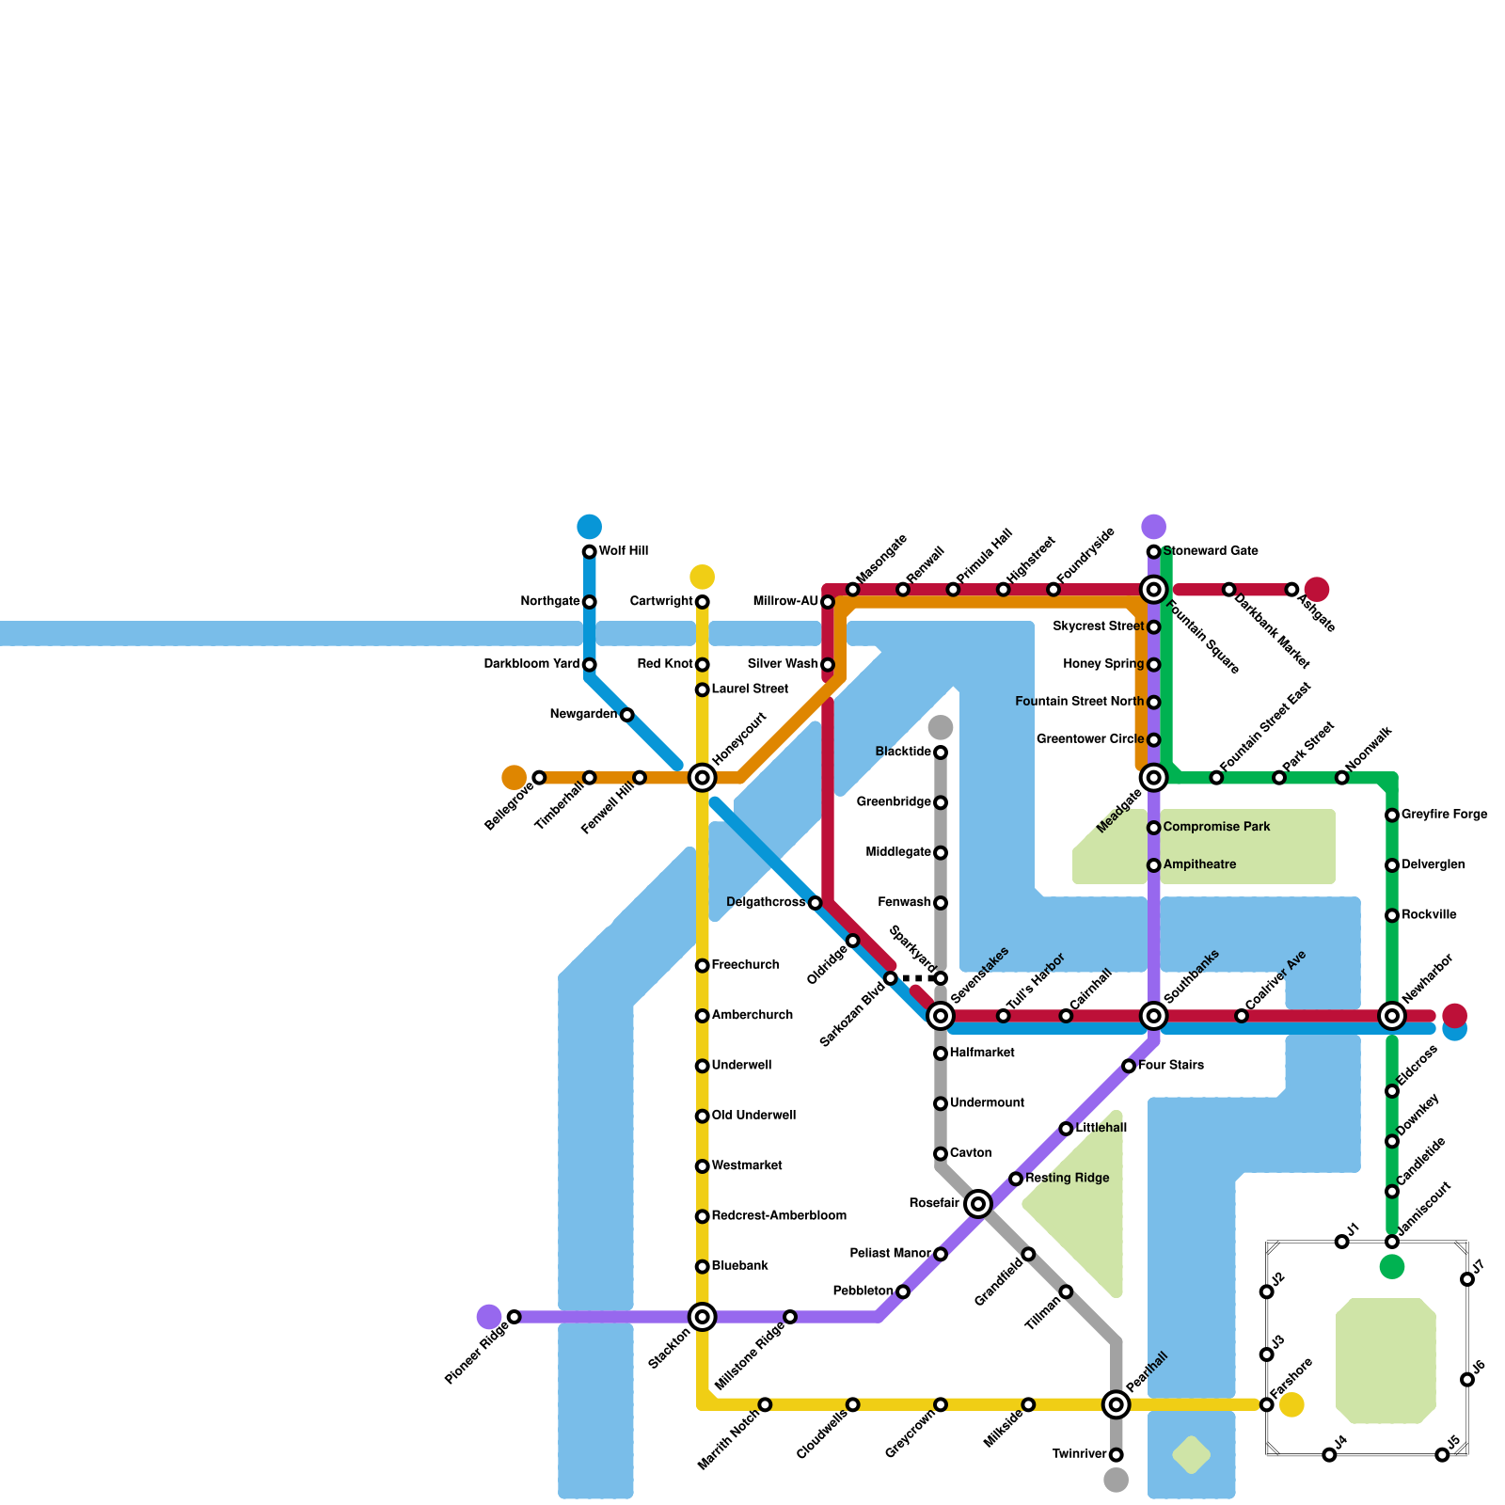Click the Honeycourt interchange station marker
tap(702, 778)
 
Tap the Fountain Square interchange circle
tap(1153, 590)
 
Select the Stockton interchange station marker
tap(702, 1317)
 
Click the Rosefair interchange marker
tap(978, 1204)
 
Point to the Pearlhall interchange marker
tap(1116, 1405)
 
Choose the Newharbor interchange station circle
tap(1392, 1016)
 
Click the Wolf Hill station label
tap(624, 551)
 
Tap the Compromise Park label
tap(1216, 828)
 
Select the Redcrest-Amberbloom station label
tap(779, 1216)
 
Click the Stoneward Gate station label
tap(1211, 551)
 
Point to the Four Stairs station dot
tap(1129, 1066)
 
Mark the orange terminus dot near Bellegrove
tap(514, 778)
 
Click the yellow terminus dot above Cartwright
tap(702, 577)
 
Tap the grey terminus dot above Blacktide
tap(941, 727)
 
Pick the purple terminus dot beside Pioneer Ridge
tap(489, 1317)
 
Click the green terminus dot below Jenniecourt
tap(1392, 1267)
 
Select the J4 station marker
tap(1329, 1455)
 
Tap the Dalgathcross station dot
tap(816, 903)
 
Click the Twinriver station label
tap(1079, 1455)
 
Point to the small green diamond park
tap(1191, 1455)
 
